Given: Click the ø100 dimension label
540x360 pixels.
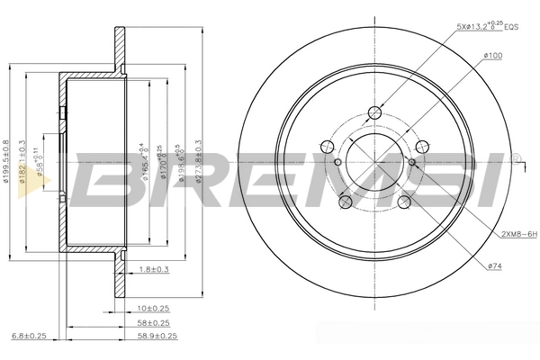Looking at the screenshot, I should click(492, 57).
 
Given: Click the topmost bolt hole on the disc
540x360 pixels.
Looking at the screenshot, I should click(374, 113).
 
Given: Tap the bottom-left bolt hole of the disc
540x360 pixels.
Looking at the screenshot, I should click(345, 204).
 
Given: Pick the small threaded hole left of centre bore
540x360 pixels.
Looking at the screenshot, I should click(337, 162).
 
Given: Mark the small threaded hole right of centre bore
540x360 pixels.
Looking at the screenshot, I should click(412, 162).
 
